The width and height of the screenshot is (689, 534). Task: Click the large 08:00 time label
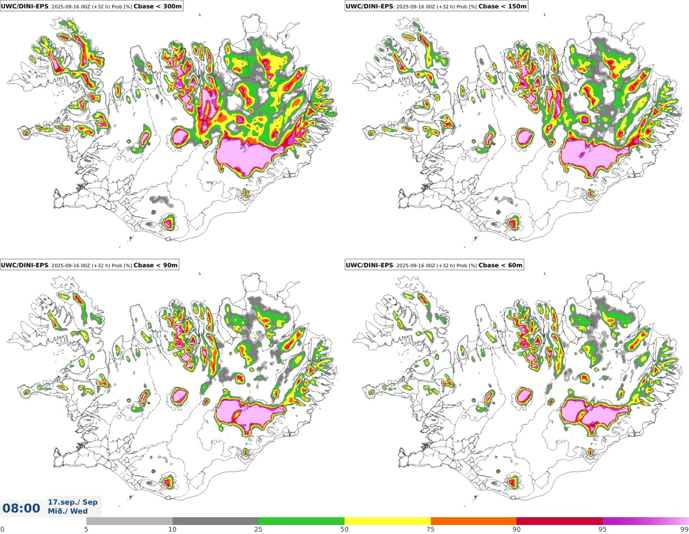(x=22, y=509)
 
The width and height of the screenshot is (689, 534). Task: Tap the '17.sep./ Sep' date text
(x=72, y=502)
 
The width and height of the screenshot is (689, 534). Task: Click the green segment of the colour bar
(x=301, y=521)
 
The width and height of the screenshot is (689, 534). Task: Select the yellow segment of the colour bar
(x=388, y=521)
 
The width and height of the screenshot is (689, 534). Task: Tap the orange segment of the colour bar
(x=473, y=521)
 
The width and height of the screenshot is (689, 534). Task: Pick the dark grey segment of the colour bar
(x=215, y=521)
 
